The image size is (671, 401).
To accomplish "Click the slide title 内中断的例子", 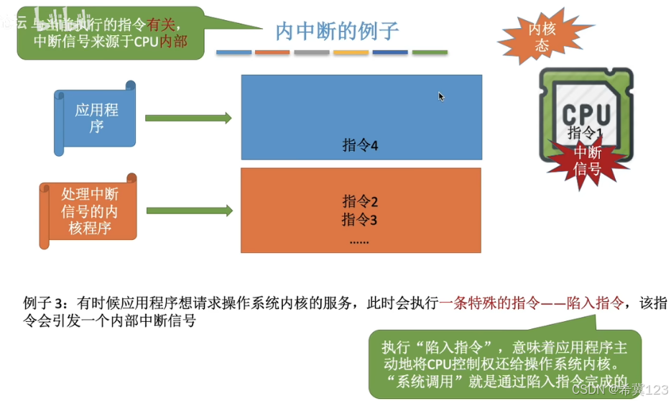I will click(337, 31).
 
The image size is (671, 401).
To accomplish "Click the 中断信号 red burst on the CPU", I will click(586, 160).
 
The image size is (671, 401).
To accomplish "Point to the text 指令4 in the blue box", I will click(360, 146).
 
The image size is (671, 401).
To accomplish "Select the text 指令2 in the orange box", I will click(360, 201).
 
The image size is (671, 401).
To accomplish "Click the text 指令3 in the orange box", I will click(360, 219).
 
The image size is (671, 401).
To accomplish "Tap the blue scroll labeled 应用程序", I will click(96, 118).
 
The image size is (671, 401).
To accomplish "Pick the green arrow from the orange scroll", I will click(188, 211).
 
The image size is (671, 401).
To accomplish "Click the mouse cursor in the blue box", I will click(441, 96).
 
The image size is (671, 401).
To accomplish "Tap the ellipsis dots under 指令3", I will click(359, 241).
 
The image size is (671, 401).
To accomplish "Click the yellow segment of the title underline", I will click(351, 52).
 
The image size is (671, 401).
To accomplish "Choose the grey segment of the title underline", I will click(311, 52).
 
